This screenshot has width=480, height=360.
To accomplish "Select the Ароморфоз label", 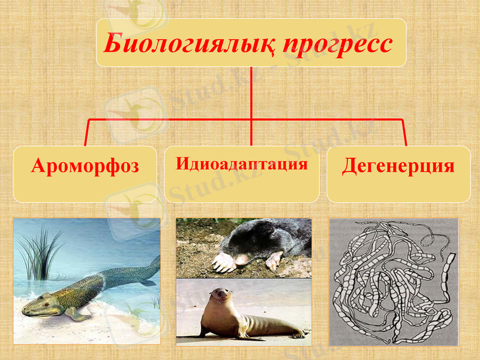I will [x=85, y=166].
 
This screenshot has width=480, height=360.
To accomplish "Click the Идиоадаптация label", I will [x=242, y=164].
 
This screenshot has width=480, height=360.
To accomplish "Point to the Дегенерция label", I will [x=398, y=166].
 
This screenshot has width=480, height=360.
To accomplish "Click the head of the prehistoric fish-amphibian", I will [x=40, y=305].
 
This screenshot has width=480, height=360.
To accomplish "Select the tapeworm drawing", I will [x=394, y=281].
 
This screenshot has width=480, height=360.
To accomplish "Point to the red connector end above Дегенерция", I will [x=405, y=141].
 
